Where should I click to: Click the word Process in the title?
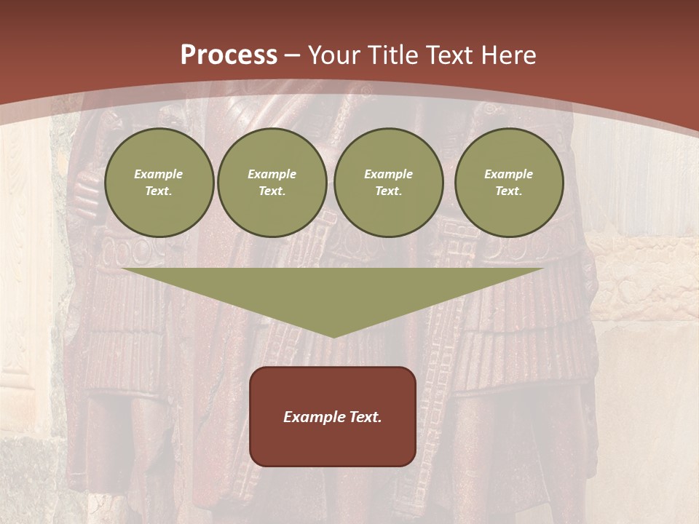tap(229, 55)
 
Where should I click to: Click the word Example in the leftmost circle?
tap(159, 174)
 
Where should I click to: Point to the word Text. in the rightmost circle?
tap(509, 191)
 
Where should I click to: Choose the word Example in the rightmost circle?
tap(509, 174)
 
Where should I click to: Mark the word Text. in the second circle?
tap(272, 191)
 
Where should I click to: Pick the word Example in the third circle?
tap(388, 174)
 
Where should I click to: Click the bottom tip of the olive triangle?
tap(333, 335)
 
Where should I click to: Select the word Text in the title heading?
tap(449, 55)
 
